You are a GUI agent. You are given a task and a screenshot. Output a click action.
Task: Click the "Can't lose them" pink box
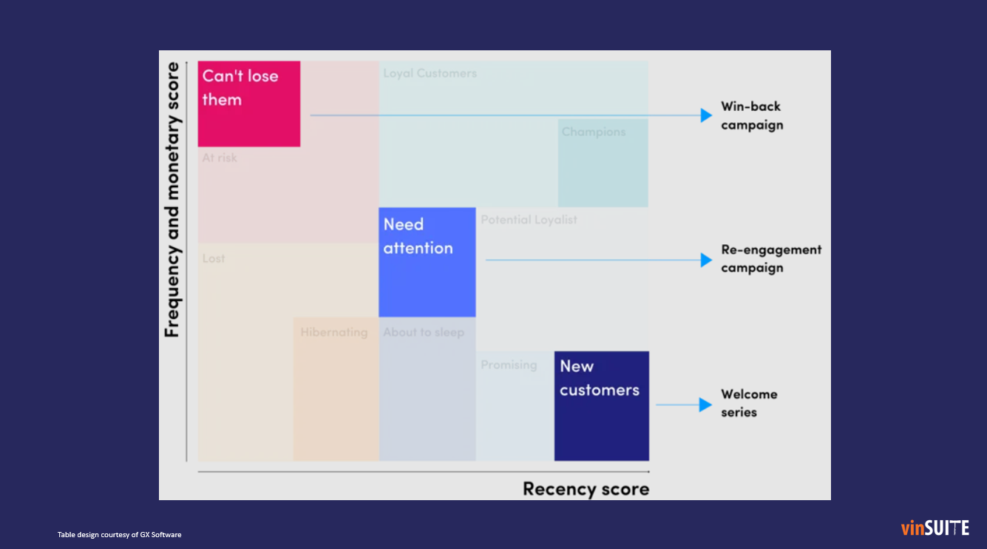pyautogui.click(x=249, y=104)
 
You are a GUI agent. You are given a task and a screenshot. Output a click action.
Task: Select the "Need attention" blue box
pyautogui.click(x=427, y=262)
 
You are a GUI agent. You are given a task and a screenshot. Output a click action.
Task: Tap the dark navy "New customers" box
pyautogui.click(x=601, y=405)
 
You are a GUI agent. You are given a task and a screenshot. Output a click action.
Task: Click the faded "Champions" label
pyautogui.click(x=594, y=132)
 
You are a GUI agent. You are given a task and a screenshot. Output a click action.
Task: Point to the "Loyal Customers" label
pyautogui.click(x=430, y=73)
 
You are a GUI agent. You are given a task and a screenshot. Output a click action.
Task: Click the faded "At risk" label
pyautogui.click(x=220, y=158)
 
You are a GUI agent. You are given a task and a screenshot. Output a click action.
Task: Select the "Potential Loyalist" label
pyautogui.click(x=529, y=220)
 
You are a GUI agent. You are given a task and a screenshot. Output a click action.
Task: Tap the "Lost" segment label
pyautogui.click(x=214, y=258)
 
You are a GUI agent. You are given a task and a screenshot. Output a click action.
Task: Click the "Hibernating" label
pyautogui.click(x=333, y=332)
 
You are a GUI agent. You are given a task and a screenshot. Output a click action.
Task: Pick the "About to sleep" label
pyautogui.click(x=424, y=332)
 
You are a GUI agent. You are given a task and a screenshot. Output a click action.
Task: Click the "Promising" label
pyautogui.click(x=509, y=365)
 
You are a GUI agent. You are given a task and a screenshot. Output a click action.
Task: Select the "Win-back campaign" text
pyautogui.click(x=752, y=115)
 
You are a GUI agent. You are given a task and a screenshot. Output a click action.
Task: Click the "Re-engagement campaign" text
pyautogui.click(x=771, y=259)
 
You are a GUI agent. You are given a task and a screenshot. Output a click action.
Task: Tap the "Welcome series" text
pyautogui.click(x=749, y=403)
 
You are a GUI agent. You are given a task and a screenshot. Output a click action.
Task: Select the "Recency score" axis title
pyautogui.click(x=586, y=489)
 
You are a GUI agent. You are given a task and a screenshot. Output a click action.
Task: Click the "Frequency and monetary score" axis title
pyautogui.click(x=172, y=200)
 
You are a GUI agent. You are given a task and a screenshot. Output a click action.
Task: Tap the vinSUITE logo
pyautogui.click(x=935, y=528)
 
